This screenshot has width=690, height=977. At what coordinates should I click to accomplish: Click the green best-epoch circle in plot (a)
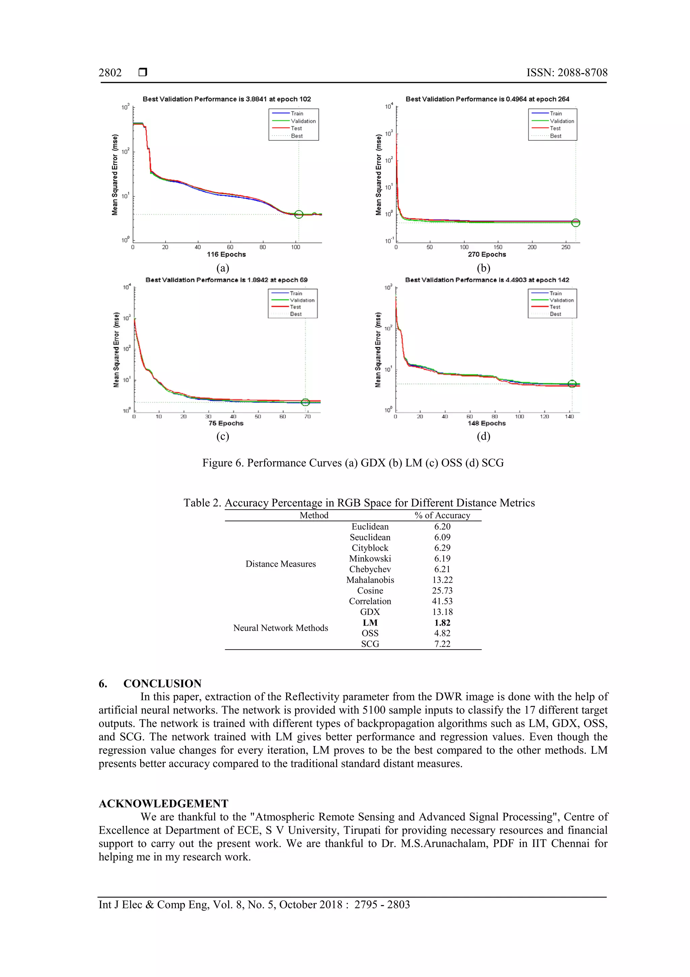point(299,214)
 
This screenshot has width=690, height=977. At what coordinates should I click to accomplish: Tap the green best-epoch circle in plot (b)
point(575,223)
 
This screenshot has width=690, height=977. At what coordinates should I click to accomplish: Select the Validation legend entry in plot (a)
point(303,121)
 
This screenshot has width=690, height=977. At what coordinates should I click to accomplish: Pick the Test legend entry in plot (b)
point(555,128)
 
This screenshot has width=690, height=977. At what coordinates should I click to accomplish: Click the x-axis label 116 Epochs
point(226,255)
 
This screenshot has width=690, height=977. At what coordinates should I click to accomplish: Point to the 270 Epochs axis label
point(487,255)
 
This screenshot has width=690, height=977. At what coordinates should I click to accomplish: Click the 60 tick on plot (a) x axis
point(230,247)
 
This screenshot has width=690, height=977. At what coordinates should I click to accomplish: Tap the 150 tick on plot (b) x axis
point(497,247)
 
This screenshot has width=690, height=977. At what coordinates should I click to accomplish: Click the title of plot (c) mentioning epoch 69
point(226,280)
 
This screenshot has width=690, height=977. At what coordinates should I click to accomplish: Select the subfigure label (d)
point(483,436)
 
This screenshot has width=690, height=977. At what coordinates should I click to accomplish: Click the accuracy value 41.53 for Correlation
point(442,601)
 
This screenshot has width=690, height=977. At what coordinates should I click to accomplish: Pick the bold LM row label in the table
point(370,623)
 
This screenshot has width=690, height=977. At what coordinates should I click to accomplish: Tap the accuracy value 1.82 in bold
point(442,623)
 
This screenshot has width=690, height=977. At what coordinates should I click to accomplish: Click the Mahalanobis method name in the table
point(370,580)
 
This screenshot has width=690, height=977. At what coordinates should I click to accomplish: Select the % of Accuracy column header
point(442,515)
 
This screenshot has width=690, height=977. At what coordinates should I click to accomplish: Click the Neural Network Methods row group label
point(281,628)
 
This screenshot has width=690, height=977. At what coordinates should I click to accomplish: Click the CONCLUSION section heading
point(162,683)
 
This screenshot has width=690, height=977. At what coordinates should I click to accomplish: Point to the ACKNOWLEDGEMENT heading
point(163,803)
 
